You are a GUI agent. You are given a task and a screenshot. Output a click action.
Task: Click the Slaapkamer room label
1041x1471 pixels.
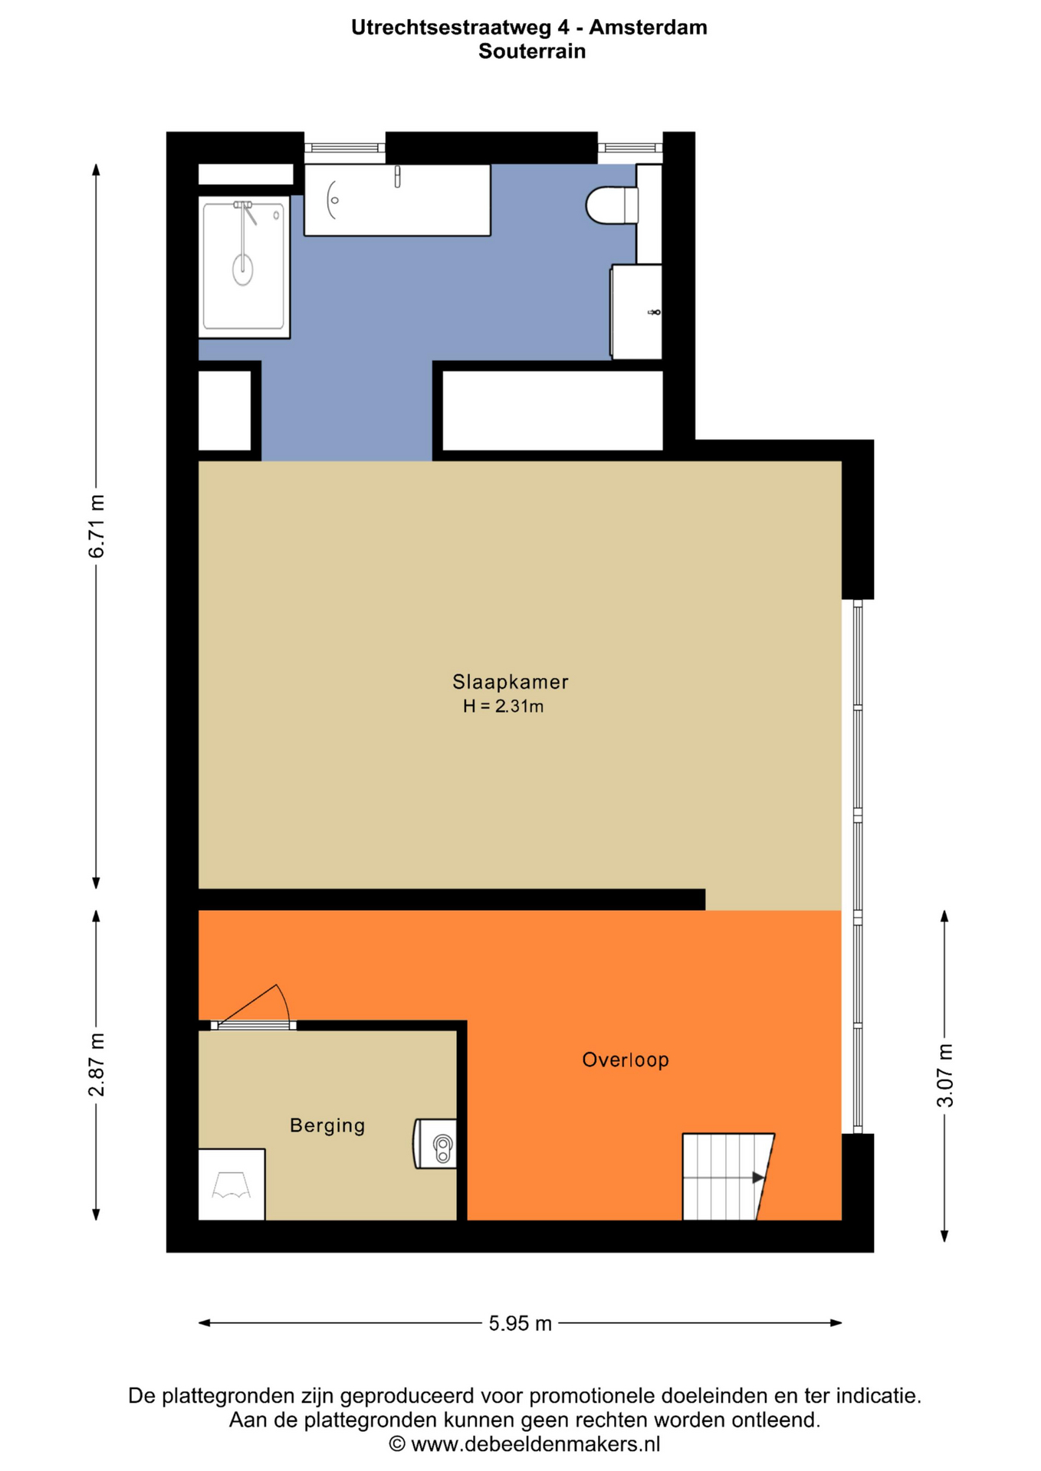510,681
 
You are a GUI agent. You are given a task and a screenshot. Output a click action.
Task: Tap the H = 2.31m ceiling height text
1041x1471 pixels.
503,706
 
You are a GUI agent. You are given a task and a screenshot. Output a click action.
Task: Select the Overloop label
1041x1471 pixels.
625,1060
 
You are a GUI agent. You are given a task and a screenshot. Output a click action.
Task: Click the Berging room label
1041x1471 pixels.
327,1125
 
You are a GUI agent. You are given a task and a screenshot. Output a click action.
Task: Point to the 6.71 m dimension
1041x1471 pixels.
97,526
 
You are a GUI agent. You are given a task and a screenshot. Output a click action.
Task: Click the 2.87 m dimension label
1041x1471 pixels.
97,1064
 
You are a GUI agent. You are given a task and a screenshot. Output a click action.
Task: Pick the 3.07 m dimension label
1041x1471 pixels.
945,1075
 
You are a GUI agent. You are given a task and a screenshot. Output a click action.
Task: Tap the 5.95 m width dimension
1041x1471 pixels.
520,1323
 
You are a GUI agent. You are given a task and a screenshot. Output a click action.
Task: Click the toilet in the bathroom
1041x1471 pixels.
611,205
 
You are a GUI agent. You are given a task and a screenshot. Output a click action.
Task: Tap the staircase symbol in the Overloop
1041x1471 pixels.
727,1176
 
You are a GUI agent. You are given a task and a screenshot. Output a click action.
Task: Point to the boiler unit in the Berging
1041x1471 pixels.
435,1143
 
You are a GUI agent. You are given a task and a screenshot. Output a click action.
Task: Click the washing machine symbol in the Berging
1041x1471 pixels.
232,1184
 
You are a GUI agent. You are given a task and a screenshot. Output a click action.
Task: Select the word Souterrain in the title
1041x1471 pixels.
532,51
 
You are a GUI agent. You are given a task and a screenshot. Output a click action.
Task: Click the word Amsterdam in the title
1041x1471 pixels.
648,28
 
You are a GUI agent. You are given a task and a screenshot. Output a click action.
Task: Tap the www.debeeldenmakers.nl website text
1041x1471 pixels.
535,1444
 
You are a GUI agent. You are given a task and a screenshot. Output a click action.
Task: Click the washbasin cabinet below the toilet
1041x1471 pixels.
636,311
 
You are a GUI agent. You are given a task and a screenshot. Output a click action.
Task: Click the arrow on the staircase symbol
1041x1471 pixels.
757,1178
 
